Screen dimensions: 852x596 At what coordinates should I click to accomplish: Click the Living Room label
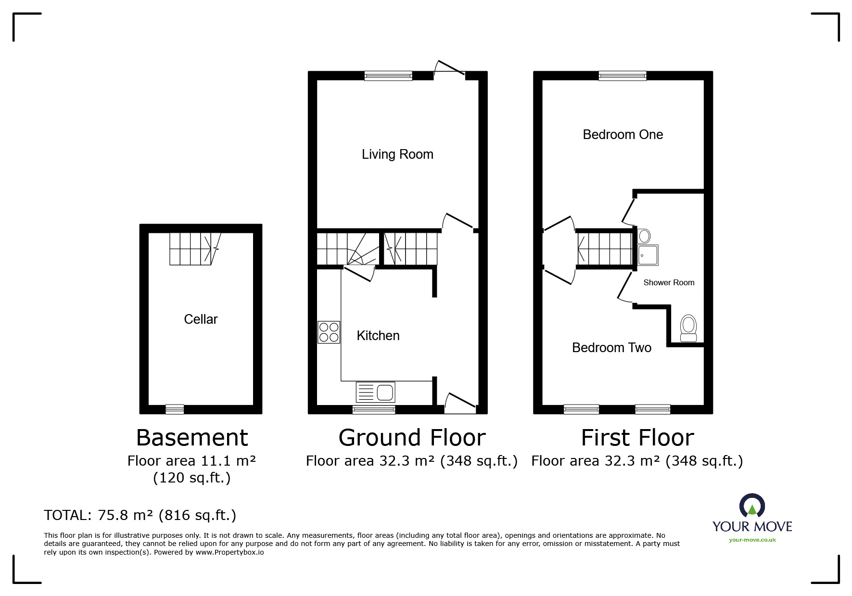(397, 154)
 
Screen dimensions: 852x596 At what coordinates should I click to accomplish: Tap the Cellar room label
(201, 319)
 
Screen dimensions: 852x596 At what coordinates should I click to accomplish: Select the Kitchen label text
(378, 336)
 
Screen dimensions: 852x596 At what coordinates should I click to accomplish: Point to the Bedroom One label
(623, 135)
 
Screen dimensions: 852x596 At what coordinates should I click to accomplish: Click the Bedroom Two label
(611, 348)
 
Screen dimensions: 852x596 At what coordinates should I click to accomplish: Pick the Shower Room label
(669, 283)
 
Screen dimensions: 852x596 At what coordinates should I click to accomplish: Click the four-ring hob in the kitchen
(329, 332)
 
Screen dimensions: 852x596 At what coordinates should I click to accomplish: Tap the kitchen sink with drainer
(375, 392)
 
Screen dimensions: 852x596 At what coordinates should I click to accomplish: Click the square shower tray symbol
(648, 255)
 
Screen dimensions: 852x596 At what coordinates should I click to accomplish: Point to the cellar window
(175, 409)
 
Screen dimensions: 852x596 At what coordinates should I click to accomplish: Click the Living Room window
(388, 76)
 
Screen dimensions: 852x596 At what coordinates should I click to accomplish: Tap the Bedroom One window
(623, 76)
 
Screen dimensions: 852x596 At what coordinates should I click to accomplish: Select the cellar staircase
(194, 249)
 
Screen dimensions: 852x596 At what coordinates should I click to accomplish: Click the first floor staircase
(605, 249)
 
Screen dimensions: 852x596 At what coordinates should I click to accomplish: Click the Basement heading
(192, 438)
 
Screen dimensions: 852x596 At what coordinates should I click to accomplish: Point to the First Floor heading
(637, 438)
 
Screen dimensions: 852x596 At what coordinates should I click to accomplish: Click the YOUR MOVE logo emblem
(752, 506)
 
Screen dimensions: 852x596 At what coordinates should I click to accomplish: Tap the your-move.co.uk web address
(752, 540)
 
